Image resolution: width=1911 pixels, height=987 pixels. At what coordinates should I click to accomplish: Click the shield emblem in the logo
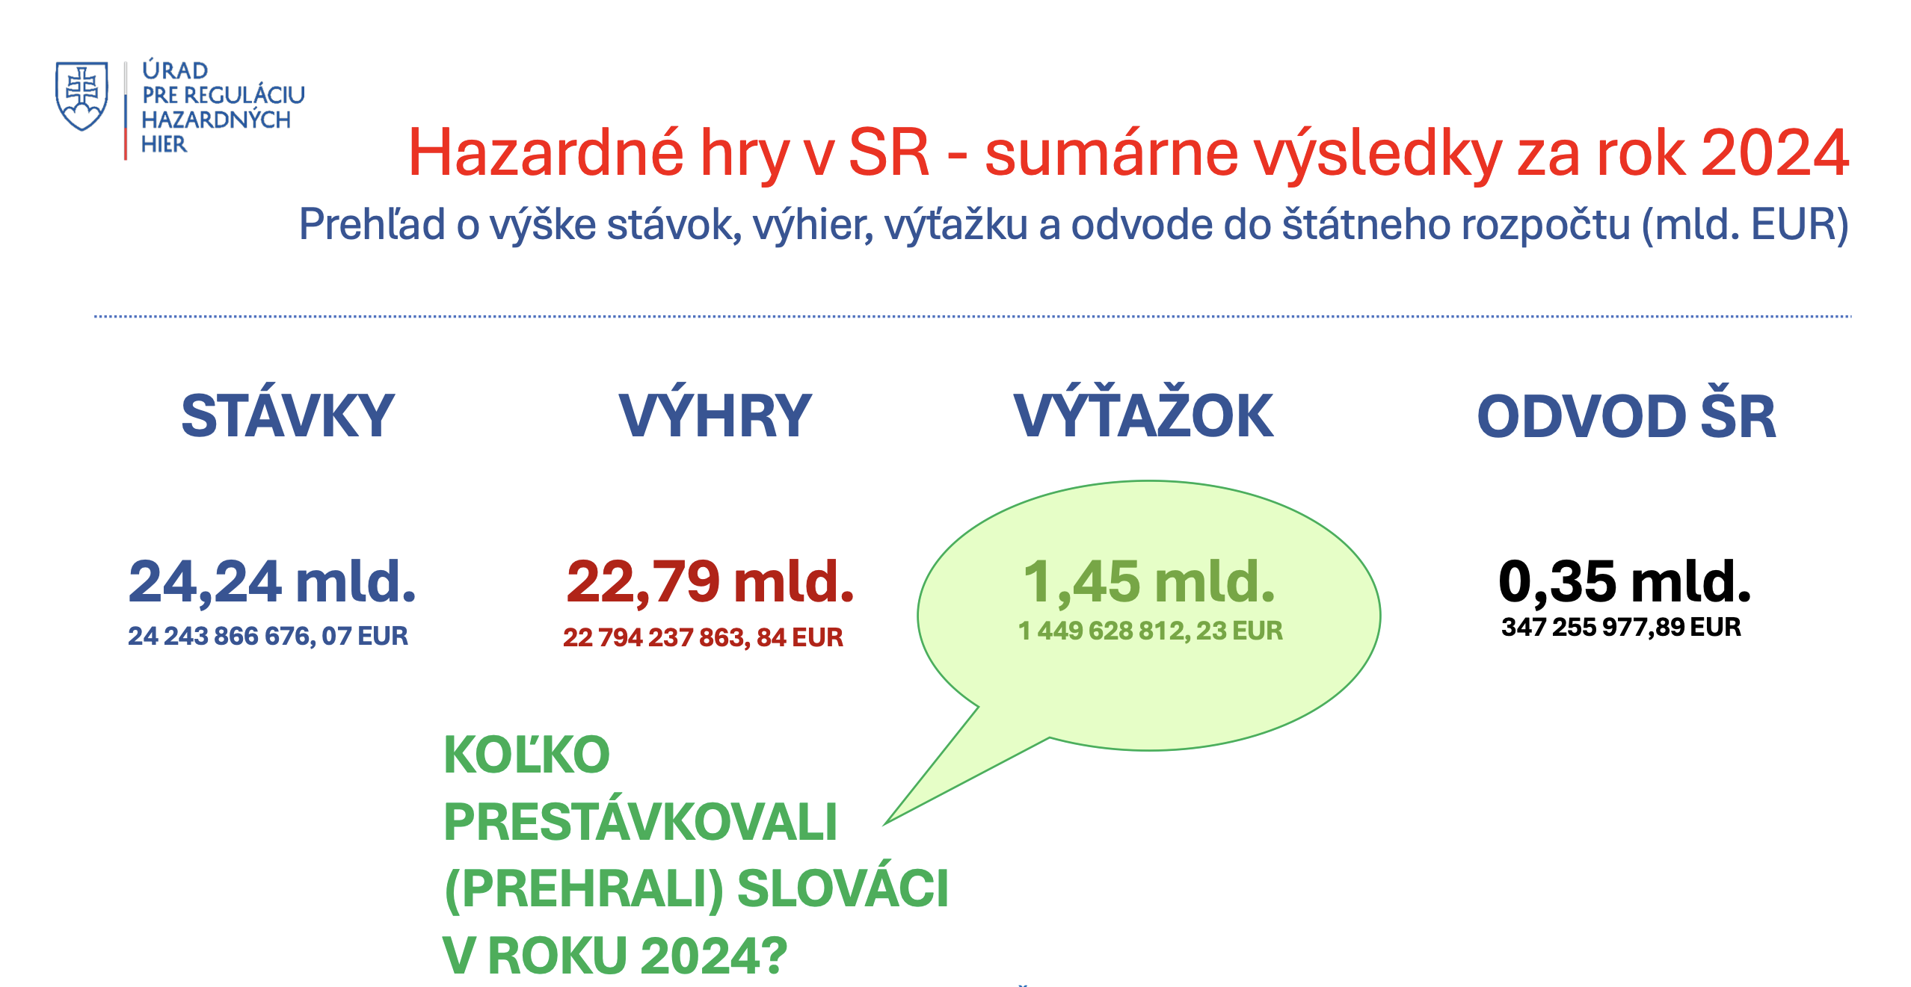[81, 96]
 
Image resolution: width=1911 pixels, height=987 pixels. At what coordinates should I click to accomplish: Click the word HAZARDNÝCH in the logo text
[216, 119]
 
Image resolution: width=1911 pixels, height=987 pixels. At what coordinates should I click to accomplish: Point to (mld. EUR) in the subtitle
[1745, 224]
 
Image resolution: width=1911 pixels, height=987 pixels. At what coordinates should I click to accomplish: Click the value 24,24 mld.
[272, 581]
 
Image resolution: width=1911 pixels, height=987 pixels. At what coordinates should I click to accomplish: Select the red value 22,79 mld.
[710, 581]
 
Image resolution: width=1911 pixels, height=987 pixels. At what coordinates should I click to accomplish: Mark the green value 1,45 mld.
[1149, 581]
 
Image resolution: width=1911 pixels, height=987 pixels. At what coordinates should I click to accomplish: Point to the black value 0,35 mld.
[1625, 581]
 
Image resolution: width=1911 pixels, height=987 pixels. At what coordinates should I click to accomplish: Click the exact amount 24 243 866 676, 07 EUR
[268, 636]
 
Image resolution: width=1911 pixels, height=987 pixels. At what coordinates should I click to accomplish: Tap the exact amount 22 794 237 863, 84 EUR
[703, 637]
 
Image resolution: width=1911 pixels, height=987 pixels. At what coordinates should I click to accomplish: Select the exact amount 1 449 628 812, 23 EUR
[1151, 631]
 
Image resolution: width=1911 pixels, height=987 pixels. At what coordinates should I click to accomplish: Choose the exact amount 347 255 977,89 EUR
[1621, 627]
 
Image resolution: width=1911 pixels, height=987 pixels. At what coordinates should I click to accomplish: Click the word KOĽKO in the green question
[527, 755]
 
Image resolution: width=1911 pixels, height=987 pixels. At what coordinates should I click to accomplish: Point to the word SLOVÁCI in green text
[843, 889]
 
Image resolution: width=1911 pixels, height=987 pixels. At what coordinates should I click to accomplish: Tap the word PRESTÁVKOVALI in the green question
[641, 822]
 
